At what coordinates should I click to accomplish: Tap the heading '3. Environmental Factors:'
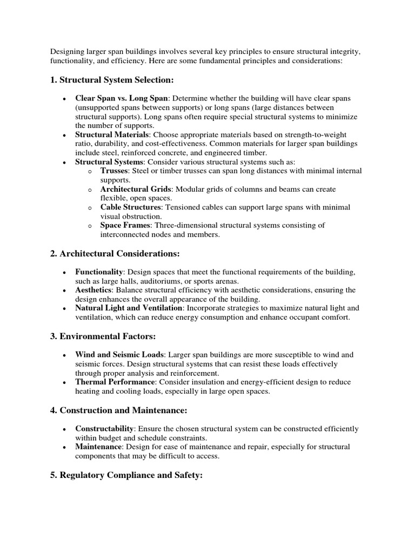click(103, 336)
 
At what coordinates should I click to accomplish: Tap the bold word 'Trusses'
click(115, 171)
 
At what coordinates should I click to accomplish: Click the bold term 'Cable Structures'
click(131, 207)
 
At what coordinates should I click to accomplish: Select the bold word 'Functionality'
click(100, 272)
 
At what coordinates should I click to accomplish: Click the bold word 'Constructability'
click(104, 429)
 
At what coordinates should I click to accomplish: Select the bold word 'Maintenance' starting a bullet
click(98, 447)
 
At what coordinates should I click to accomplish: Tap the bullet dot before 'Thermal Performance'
click(65, 382)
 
